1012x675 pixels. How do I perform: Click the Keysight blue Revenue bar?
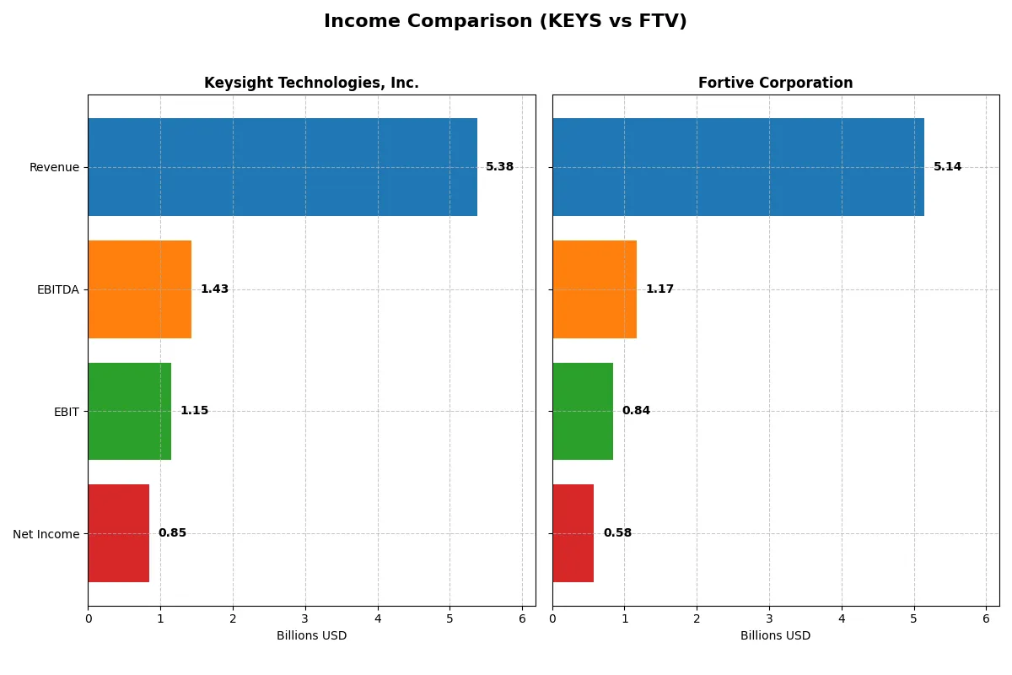283,167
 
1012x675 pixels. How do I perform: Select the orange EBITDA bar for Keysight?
139,289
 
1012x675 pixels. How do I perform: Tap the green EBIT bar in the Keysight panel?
129,411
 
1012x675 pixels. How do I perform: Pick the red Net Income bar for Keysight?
118,533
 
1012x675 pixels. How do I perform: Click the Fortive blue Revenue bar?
738,167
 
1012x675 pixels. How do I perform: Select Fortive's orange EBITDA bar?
595,289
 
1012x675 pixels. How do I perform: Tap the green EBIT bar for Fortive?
583,411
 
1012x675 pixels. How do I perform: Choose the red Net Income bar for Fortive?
573,533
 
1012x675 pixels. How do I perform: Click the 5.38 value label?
499,167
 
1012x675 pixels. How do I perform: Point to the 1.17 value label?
659,289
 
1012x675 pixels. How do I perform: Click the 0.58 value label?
617,533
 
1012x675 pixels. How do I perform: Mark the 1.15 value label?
194,411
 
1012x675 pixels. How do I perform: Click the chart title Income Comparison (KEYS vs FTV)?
505,22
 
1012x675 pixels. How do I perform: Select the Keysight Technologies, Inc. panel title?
311,84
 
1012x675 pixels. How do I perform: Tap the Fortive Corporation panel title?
775,84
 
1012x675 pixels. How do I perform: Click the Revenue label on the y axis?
54,168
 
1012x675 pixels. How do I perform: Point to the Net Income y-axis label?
46,534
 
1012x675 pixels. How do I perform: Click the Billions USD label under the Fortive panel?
775,636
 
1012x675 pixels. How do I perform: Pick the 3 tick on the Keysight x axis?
305,618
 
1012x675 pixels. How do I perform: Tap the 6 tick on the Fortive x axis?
986,618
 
